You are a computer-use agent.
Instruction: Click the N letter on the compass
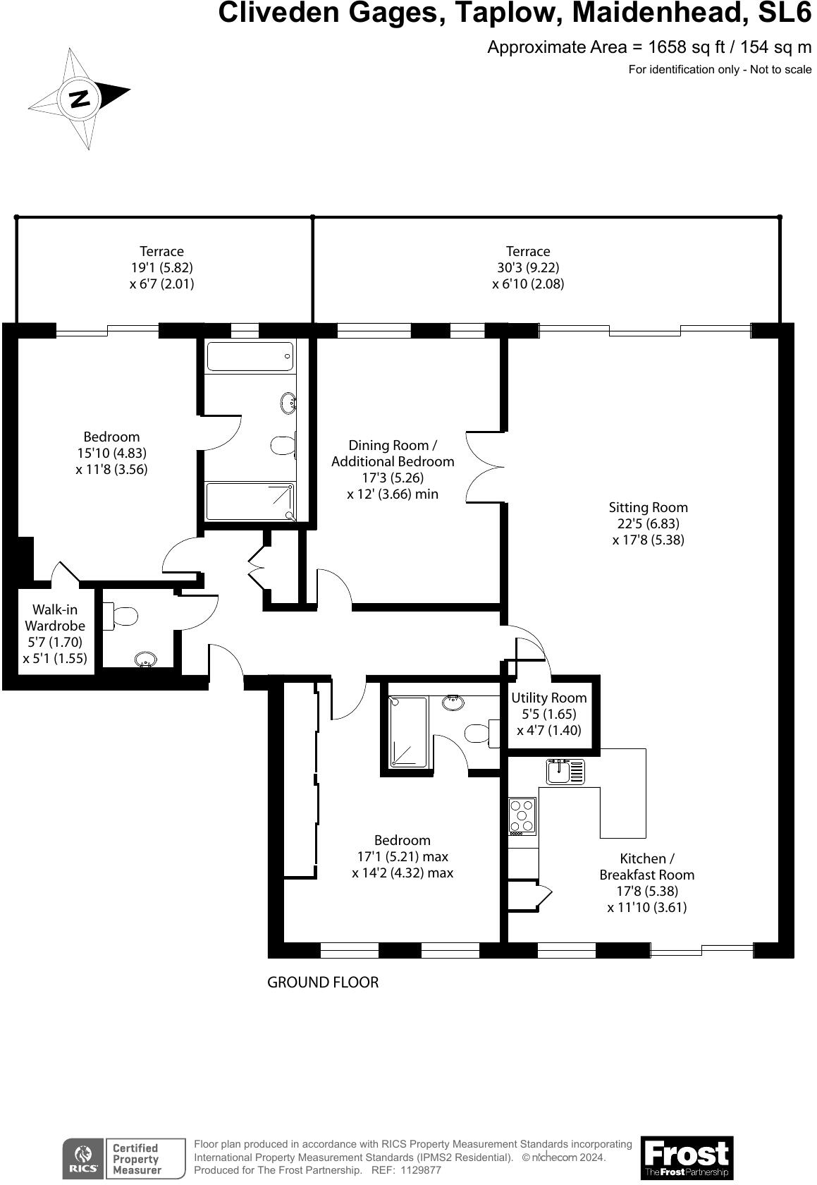pyautogui.click(x=80, y=98)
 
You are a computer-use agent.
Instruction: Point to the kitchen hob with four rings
pyautogui.click(x=522, y=816)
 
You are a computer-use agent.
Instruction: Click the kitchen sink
pyautogui.click(x=565, y=772)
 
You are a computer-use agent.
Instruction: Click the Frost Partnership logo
pyautogui.click(x=687, y=1157)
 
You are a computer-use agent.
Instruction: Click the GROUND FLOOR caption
pyautogui.click(x=322, y=982)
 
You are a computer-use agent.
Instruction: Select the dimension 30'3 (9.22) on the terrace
pyautogui.click(x=528, y=267)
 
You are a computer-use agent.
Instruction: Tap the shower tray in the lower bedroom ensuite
pyautogui.click(x=409, y=732)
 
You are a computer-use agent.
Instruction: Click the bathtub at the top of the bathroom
pyautogui.click(x=249, y=356)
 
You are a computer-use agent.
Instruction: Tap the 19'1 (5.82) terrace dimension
pyautogui.click(x=161, y=267)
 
